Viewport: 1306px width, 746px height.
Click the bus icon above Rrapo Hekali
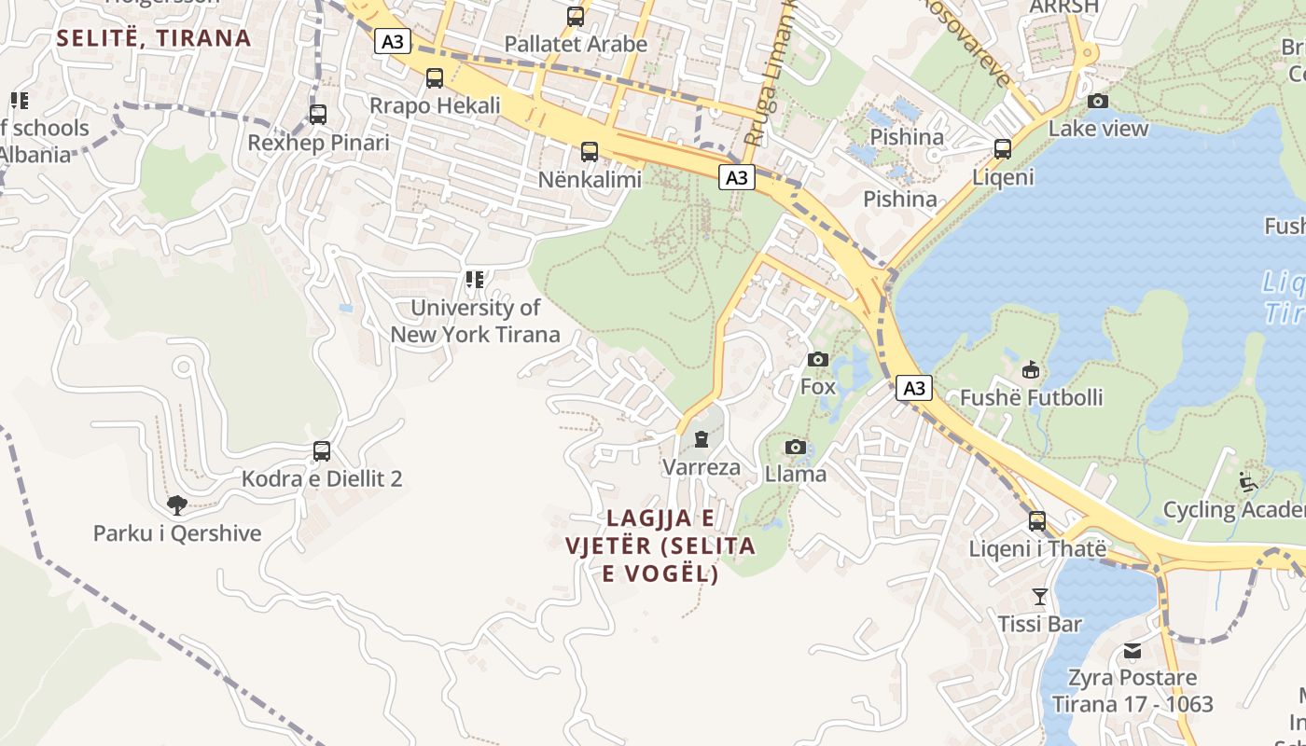434,78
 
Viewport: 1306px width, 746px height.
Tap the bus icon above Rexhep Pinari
318,115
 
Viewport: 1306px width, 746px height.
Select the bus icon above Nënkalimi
589,151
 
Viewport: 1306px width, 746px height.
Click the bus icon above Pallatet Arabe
576,17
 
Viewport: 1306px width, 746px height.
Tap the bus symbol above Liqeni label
1003,149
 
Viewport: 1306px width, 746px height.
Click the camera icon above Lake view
1098,101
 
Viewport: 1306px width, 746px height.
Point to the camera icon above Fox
817,359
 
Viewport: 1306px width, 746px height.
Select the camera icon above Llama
795,448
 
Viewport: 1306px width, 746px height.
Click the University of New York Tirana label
475,320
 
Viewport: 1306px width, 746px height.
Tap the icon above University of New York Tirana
475,279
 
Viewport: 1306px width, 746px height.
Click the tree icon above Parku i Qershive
176,505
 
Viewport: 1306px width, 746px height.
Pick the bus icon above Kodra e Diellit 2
322,451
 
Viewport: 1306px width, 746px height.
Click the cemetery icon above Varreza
701,439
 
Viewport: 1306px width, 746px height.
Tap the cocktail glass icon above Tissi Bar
1040,596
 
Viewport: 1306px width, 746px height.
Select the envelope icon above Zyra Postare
1132,650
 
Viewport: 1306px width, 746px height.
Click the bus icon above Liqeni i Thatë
1037,521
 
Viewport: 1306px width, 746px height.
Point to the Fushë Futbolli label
1031,397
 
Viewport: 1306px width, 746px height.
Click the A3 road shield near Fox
914,388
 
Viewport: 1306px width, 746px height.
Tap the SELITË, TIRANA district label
154,38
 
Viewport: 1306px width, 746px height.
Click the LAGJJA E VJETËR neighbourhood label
660,546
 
